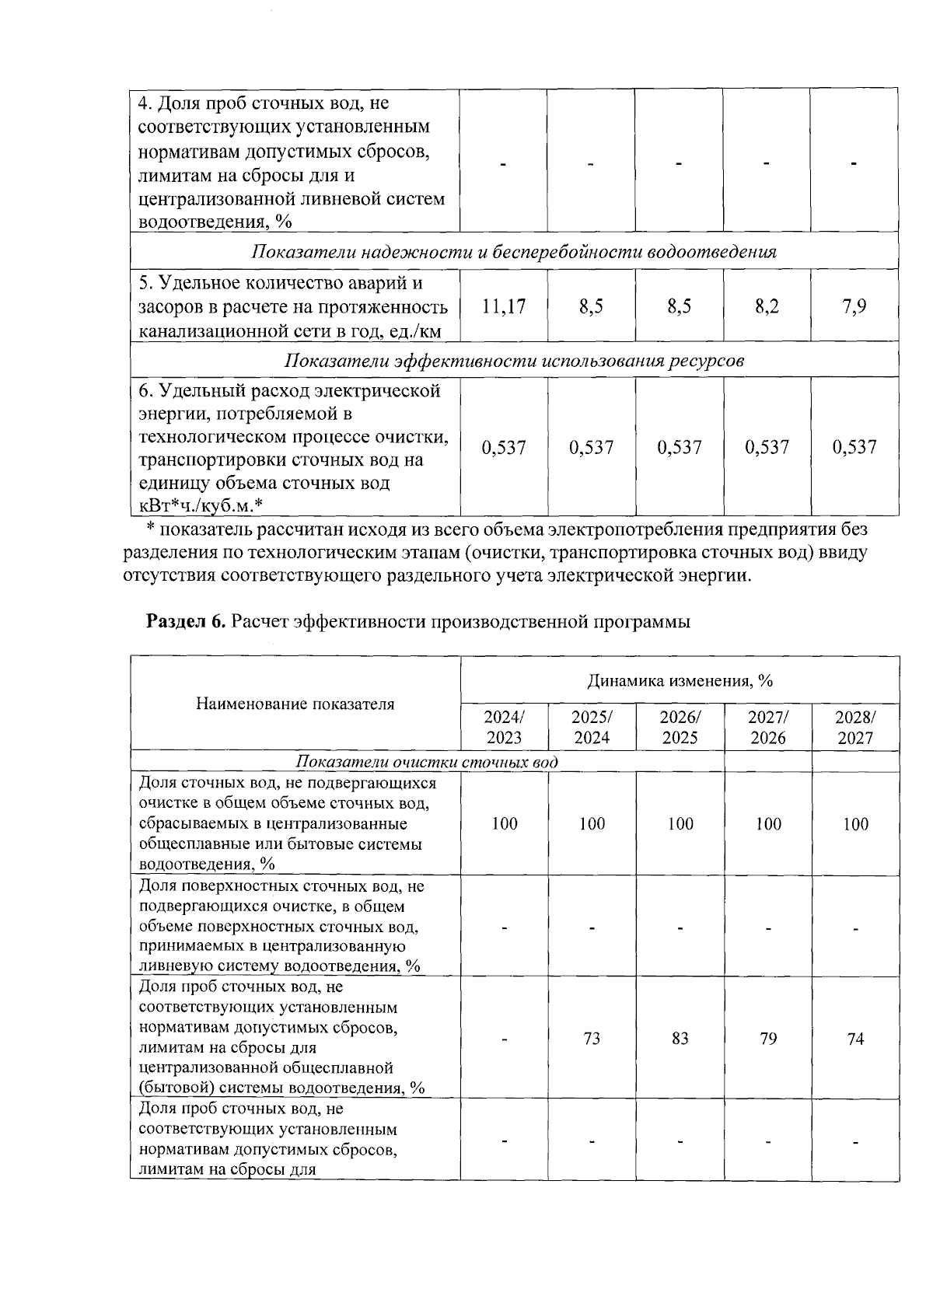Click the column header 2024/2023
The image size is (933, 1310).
(504, 727)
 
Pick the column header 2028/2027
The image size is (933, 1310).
(854, 727)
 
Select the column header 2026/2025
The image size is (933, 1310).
(680, 727)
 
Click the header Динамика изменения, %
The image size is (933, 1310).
(680, 681)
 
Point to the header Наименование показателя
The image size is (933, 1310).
(295, 704)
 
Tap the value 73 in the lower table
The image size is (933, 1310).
(592, 1039)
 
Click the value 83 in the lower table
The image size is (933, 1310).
(680, 1039)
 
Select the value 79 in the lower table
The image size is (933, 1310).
(767, 1039)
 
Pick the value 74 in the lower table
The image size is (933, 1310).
(855, 1039)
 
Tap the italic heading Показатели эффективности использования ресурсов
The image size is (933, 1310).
(514, 361)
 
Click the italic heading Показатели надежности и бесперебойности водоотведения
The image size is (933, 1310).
(514, 252)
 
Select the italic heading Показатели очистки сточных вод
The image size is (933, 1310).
(426, 762)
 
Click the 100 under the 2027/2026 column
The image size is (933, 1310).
(767, 824)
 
